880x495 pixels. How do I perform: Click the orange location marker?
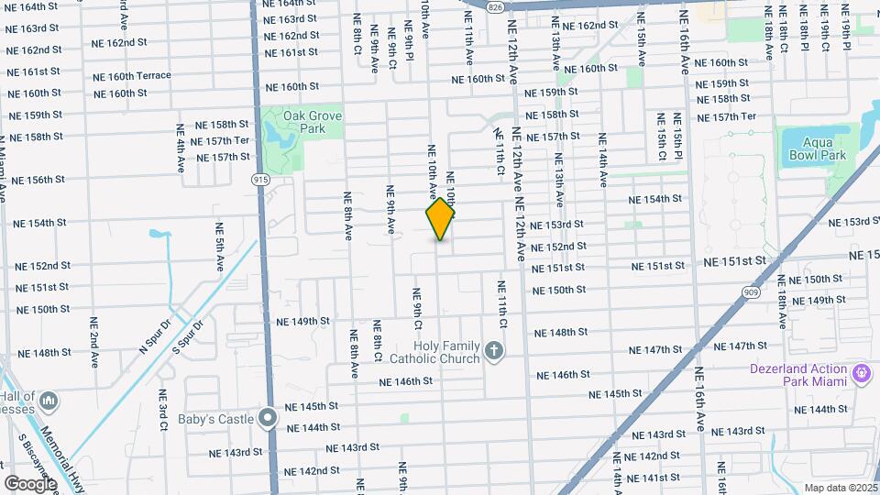point(441,219)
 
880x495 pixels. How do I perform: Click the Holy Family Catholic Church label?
point(434,352)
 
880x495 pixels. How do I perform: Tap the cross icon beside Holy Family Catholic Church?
point(494,351)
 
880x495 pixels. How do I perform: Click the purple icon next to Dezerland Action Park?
point(861,373)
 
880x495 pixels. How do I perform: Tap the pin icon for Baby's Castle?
point(268,419)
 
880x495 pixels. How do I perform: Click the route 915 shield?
point(261,180)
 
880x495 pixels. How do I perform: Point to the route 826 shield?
point(495,6)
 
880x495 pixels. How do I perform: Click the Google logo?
point(30,483)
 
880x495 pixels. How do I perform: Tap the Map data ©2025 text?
point(841,488)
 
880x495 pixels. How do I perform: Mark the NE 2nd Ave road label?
point(94,343)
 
